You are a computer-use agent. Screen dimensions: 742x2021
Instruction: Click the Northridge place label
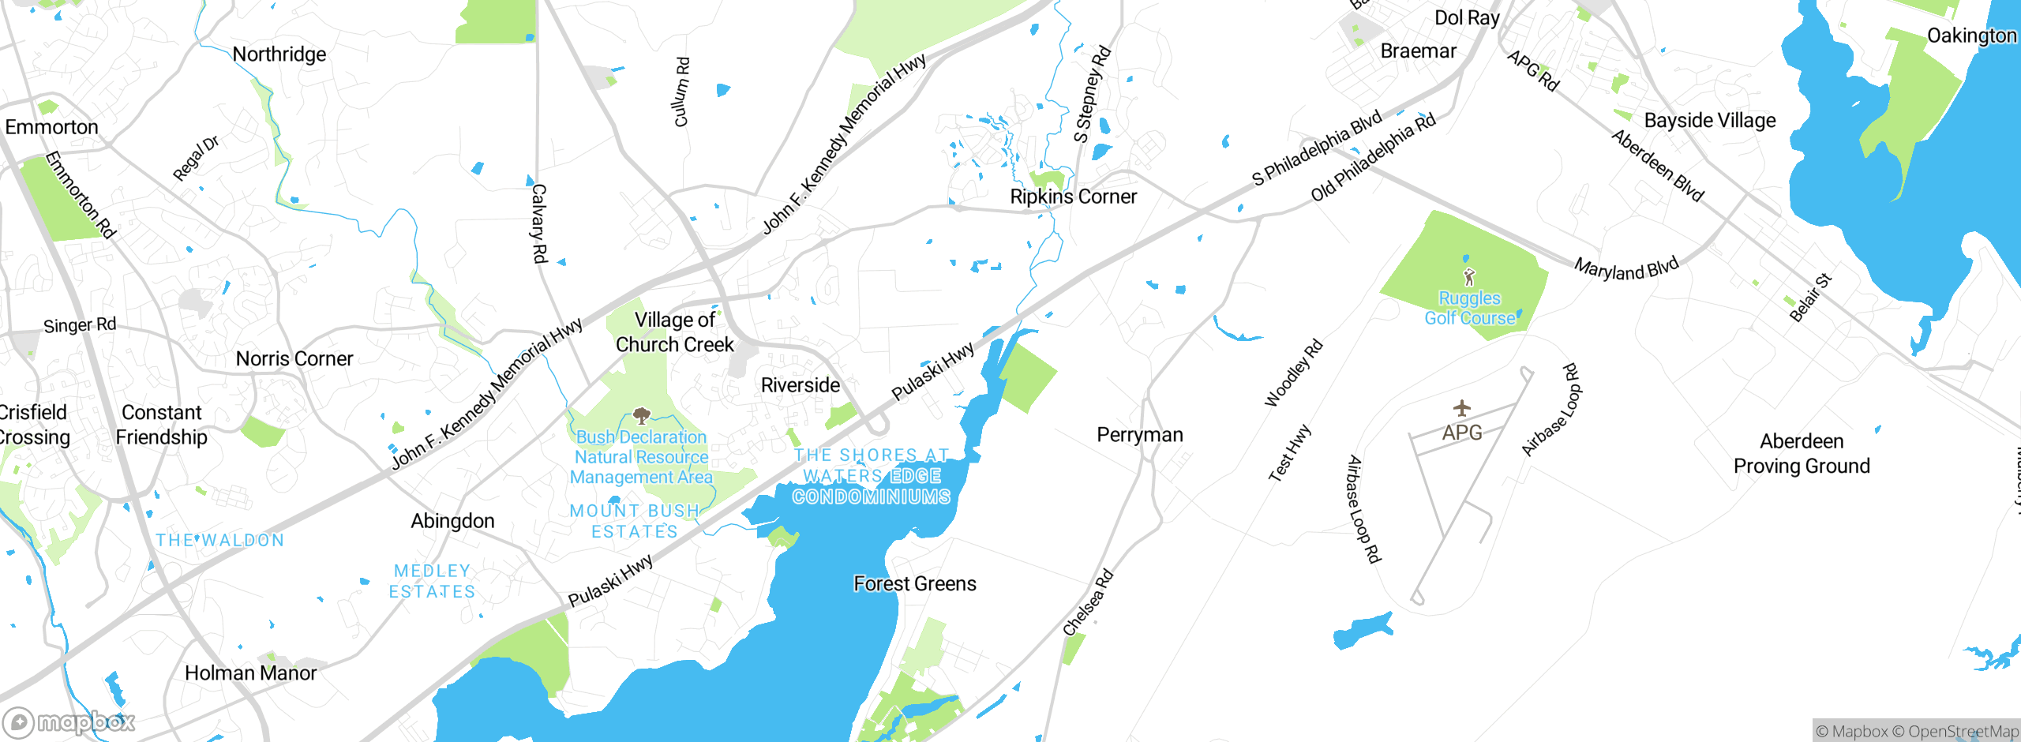(x=279, y=54)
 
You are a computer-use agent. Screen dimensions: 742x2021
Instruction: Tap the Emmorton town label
(x=51, y=127)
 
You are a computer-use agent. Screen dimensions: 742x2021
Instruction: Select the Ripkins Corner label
(x=1073, y=197)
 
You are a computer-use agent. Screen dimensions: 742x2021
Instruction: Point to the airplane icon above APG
(x=1461, y=408)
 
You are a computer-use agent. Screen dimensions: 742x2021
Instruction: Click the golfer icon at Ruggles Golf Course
(x=1468, y=277)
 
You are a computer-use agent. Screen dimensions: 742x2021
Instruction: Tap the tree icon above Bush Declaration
(x=641, y=415)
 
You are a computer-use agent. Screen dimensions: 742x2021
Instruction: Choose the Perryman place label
(x=1139, y=435)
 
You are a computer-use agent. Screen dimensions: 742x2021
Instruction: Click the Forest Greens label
(x=914, y=584)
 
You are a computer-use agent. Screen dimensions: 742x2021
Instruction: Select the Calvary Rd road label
(x=538, y=223)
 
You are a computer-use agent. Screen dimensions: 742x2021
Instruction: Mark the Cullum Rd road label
(x=681, y=92)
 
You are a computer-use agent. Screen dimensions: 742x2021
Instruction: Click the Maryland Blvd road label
(x=1625, y=268)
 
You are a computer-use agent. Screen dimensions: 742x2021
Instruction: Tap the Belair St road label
(x=1809, y=298)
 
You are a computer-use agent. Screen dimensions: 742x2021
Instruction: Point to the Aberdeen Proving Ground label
(x=1801, y=454)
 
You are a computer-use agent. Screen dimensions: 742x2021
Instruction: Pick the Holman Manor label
(x=250, y=673)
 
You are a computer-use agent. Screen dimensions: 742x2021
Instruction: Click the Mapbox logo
(x=69, y=721)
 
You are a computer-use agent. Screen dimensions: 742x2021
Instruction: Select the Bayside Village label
(x=1709, y=121)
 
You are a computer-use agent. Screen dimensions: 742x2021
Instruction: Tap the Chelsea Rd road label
(x=1087, y=602)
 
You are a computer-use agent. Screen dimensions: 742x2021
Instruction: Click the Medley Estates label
(x=432, y=581)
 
